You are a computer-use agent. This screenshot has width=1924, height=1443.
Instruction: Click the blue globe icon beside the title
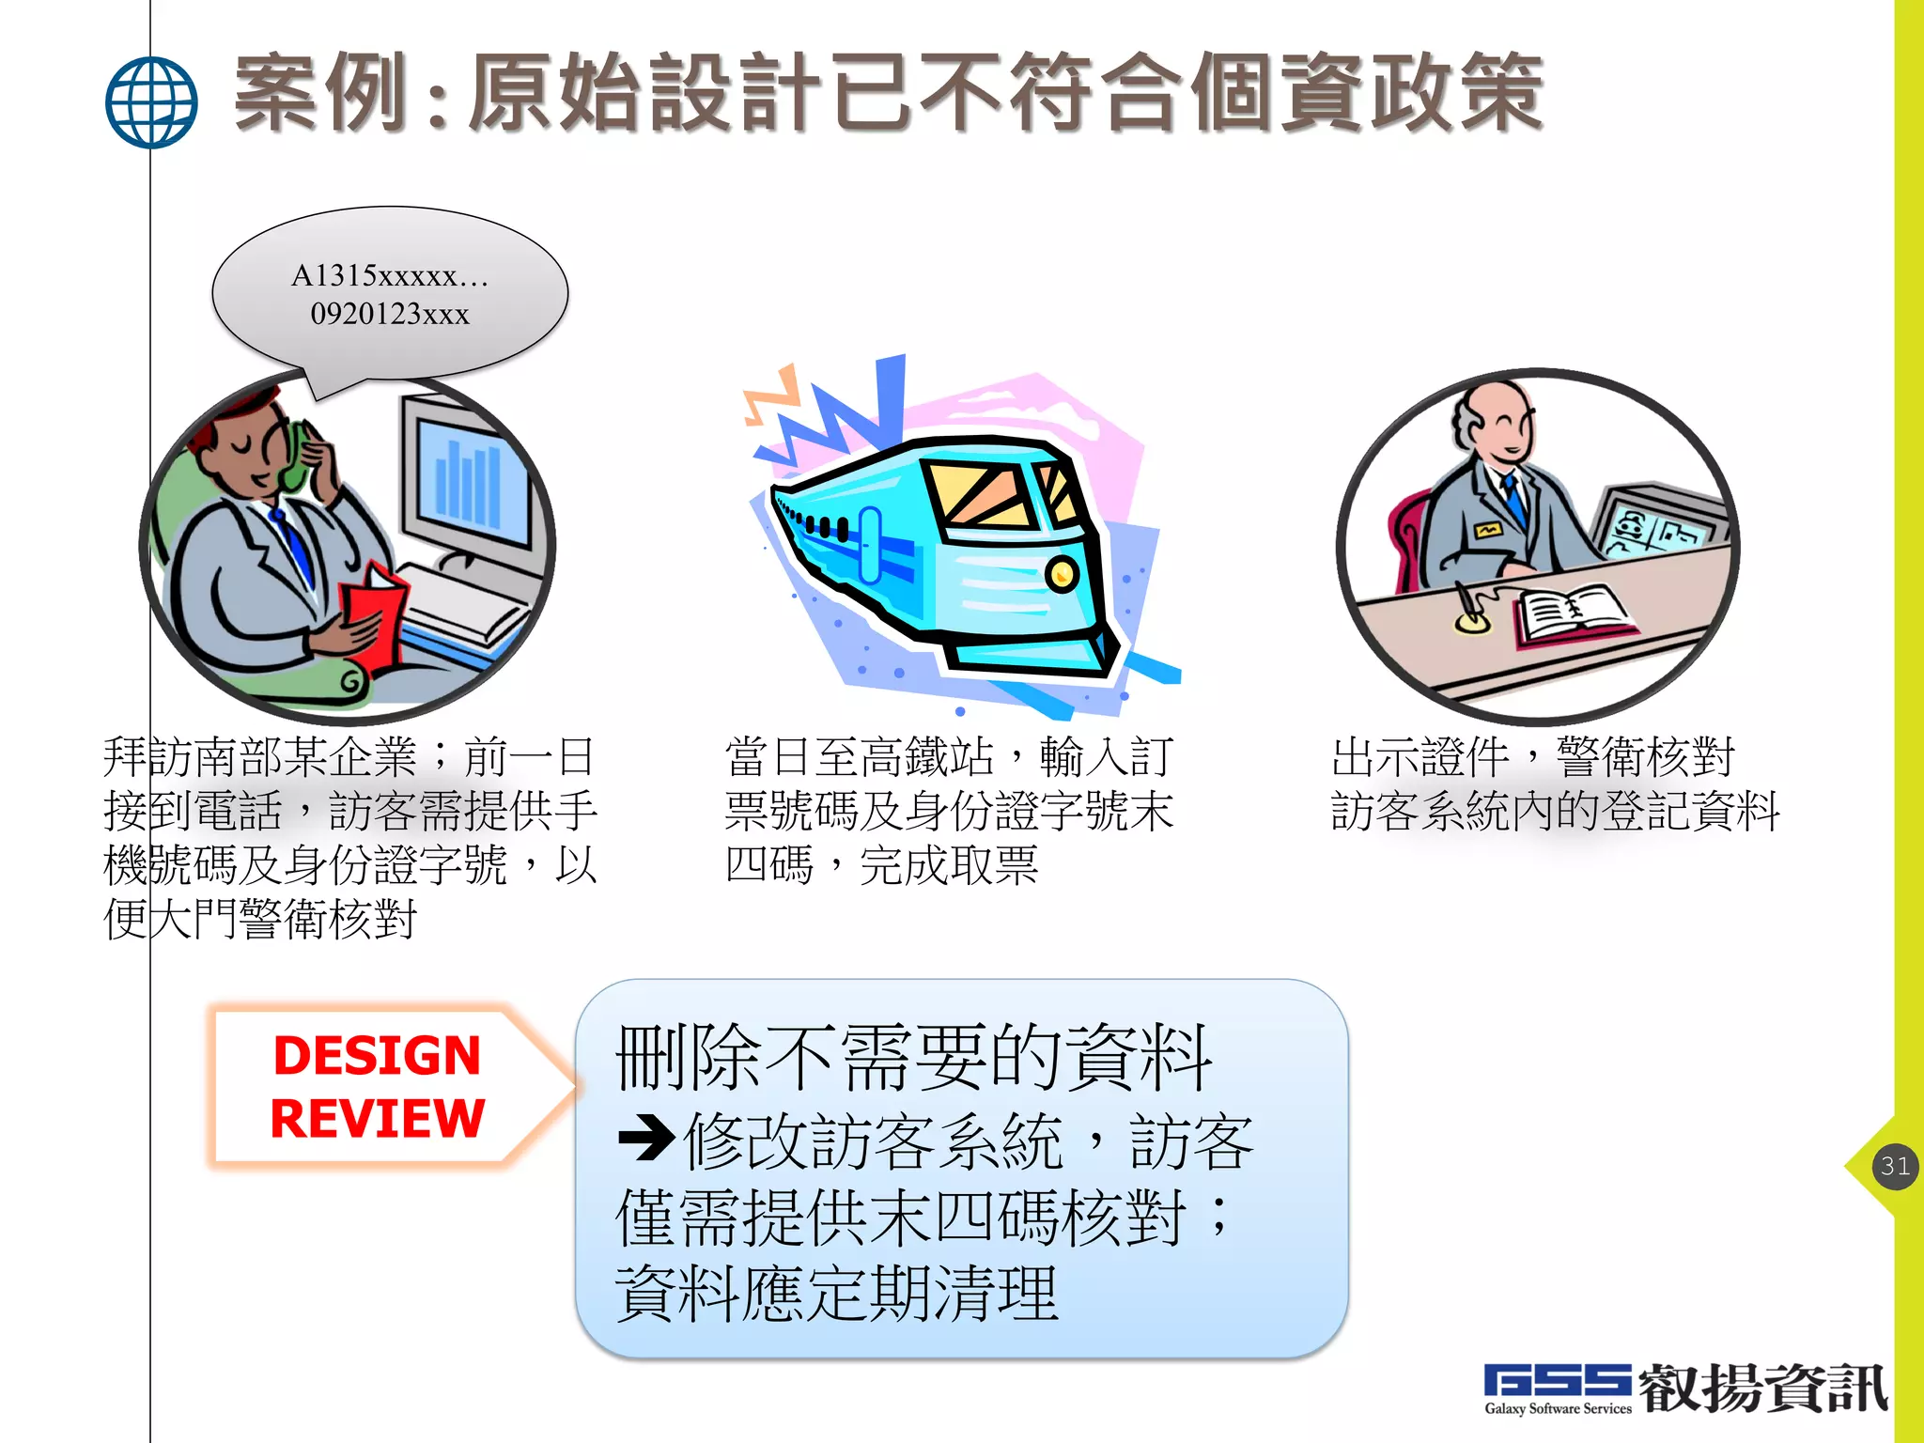(x=151, y=102)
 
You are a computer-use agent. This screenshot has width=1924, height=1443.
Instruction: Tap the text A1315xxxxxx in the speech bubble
(x=389, y=275)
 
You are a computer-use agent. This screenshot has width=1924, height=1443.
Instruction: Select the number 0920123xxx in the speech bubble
(x=390, y=314)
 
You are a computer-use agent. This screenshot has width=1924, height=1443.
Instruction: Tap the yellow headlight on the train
(x=1062, y=573)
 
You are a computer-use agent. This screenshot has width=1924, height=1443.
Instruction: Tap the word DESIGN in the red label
(x=377, y=1055)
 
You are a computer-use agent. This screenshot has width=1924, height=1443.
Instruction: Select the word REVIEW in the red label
(x=377, y=1118)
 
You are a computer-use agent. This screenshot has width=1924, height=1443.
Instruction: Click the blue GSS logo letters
(x=1557, y=1380)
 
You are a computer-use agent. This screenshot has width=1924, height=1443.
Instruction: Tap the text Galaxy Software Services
(x=1558, y=1408)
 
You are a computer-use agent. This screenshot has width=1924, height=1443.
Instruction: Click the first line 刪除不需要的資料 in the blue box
(x=913, y=1058)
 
